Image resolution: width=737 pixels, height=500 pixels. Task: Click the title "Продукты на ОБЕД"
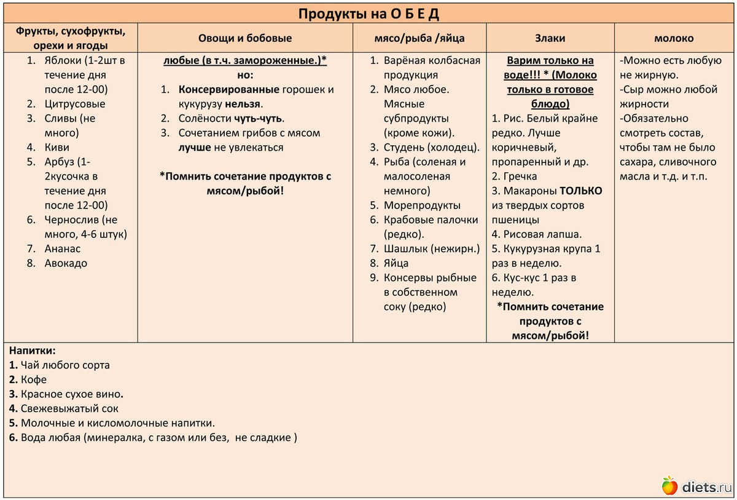[368, 14]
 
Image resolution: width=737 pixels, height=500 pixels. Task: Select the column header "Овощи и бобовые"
[245, 38]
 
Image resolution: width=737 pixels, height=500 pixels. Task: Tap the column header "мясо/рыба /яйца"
[419, 38]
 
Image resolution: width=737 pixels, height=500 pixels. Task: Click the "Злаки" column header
[550, 38]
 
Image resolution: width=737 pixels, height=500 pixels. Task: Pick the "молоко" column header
[674, 38]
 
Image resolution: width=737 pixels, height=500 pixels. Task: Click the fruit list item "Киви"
[57, 148]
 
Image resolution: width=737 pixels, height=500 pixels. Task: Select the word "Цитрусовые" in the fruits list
[75, 104]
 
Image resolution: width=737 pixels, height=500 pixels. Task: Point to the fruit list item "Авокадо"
[66, 263]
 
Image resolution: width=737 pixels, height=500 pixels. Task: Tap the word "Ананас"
[62, 249]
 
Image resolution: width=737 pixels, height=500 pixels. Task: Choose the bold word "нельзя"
[243, 104]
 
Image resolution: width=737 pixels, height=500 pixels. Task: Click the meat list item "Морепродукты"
[422, 205]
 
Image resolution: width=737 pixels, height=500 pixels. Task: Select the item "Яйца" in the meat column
[396, 263]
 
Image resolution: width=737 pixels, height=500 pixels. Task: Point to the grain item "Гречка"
[520, 177]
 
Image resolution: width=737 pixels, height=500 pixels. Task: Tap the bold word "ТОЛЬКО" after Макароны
[580, 191]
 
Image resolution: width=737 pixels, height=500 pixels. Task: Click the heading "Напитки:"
[33, 351]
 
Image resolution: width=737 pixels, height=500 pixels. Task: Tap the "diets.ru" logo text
[707, 487]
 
